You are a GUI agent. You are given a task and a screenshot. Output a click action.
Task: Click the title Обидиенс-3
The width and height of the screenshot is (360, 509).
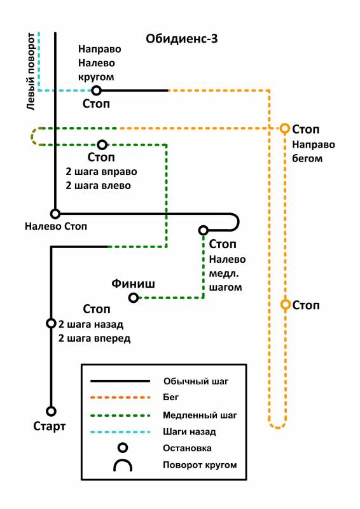point(181,39)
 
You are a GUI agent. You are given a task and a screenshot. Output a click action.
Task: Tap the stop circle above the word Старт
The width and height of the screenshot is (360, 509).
point(51,411)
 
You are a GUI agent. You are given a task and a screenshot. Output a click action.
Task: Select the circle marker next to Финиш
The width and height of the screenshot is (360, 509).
point(134,297)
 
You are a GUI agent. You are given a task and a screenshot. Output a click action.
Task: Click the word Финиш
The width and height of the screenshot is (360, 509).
point(133,284)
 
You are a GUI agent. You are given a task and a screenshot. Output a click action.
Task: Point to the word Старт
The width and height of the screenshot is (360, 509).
point(50,426)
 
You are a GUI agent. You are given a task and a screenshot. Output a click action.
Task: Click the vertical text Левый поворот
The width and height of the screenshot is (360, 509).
point(31,71)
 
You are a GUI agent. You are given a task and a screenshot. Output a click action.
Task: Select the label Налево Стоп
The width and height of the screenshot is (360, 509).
point(56,227)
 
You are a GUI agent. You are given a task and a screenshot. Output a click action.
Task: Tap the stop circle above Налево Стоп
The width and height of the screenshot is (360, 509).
point(55,214)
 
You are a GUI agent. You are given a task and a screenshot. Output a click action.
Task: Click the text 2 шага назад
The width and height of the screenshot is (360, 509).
point(91,324)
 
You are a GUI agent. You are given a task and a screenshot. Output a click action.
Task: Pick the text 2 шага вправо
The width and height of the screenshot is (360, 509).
point(101,172)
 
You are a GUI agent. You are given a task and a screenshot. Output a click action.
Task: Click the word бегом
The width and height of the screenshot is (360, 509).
point(307,158)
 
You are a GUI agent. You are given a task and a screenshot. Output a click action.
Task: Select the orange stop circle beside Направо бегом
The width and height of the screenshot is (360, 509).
point(285,129)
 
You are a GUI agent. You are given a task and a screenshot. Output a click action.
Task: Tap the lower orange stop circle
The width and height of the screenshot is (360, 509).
point(286,305)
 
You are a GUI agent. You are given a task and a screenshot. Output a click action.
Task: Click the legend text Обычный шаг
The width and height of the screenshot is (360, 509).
point(196,381)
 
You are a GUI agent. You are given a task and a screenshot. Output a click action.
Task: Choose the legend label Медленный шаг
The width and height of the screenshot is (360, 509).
point(200,415)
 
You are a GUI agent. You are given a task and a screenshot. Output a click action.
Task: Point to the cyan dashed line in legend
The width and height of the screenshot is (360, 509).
point(120,432)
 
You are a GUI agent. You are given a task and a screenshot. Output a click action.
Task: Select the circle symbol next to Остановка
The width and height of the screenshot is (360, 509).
point(123,448)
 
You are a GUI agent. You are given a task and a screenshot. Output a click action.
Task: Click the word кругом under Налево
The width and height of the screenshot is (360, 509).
point(96,77)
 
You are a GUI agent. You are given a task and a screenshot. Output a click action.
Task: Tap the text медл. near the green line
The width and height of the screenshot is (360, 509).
point(224,274)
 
